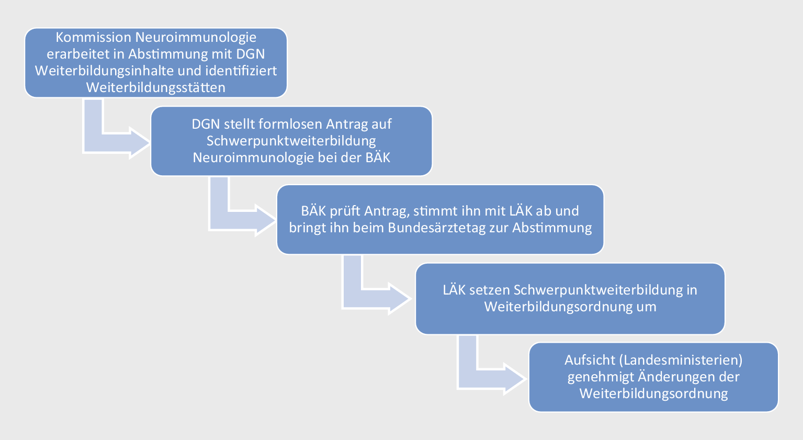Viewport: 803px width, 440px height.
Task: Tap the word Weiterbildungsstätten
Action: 156,87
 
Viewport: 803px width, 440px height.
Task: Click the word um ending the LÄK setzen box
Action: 647,307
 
